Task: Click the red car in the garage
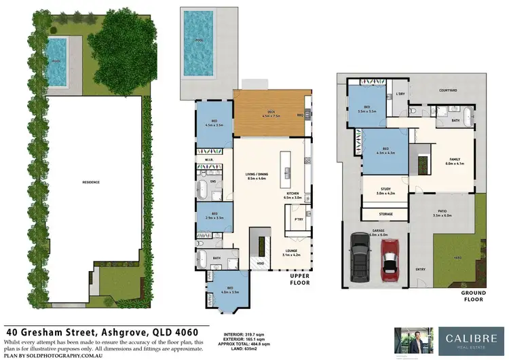pyautogui.click(x=389, y=260)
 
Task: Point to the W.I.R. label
pyautogui.click(x=209, y=160)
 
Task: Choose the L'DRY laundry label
pyautogui.click(x=400, y=93)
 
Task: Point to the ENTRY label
pyautogui.click(x=421, y=268)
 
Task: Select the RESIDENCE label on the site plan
pyautogui.click(x=91, y=182)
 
